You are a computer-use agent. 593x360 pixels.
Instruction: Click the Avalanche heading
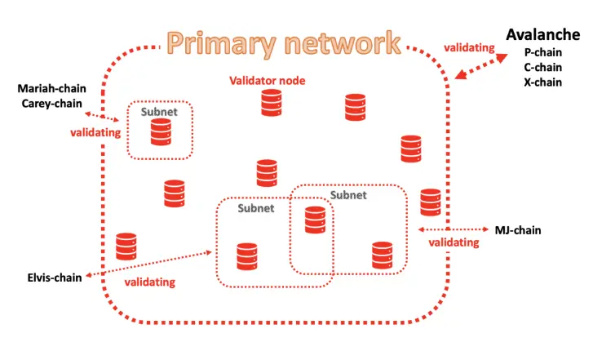tap(542, 34)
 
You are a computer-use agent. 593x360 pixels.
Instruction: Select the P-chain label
tap(542, 52)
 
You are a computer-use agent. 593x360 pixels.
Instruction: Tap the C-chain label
tap(542, 68)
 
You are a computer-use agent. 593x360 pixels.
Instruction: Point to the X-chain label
tap(542, 82)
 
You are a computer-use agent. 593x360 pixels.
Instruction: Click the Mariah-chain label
tap(52, 89)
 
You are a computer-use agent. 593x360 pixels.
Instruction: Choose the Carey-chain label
tap(52, 104)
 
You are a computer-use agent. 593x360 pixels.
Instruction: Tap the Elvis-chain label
tap(55, 278)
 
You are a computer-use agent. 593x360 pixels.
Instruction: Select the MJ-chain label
tap(518, 230)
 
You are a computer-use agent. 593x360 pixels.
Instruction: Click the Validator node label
tap(267, 81)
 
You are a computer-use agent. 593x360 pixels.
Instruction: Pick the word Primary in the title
tap(222, 43)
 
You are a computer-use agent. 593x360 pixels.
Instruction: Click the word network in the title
tap(343, 43)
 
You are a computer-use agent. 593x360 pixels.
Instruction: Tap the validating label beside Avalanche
tap(469, 47)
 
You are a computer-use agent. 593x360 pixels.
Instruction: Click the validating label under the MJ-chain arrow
tap(454, 242)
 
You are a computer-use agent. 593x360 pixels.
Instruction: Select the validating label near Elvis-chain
tap(150, 282)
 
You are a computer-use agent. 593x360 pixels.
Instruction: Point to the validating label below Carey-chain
tap(95, 132)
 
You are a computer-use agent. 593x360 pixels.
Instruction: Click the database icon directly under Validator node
tap(271, 103)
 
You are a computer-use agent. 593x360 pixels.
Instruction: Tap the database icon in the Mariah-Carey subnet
tap(161, 132)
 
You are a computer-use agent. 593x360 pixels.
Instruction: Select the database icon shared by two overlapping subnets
tap(315, 220)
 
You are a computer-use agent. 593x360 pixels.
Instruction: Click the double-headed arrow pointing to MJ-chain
tap(453, 229)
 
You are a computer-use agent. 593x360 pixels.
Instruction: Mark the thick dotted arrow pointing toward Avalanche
tap(481, 66)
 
